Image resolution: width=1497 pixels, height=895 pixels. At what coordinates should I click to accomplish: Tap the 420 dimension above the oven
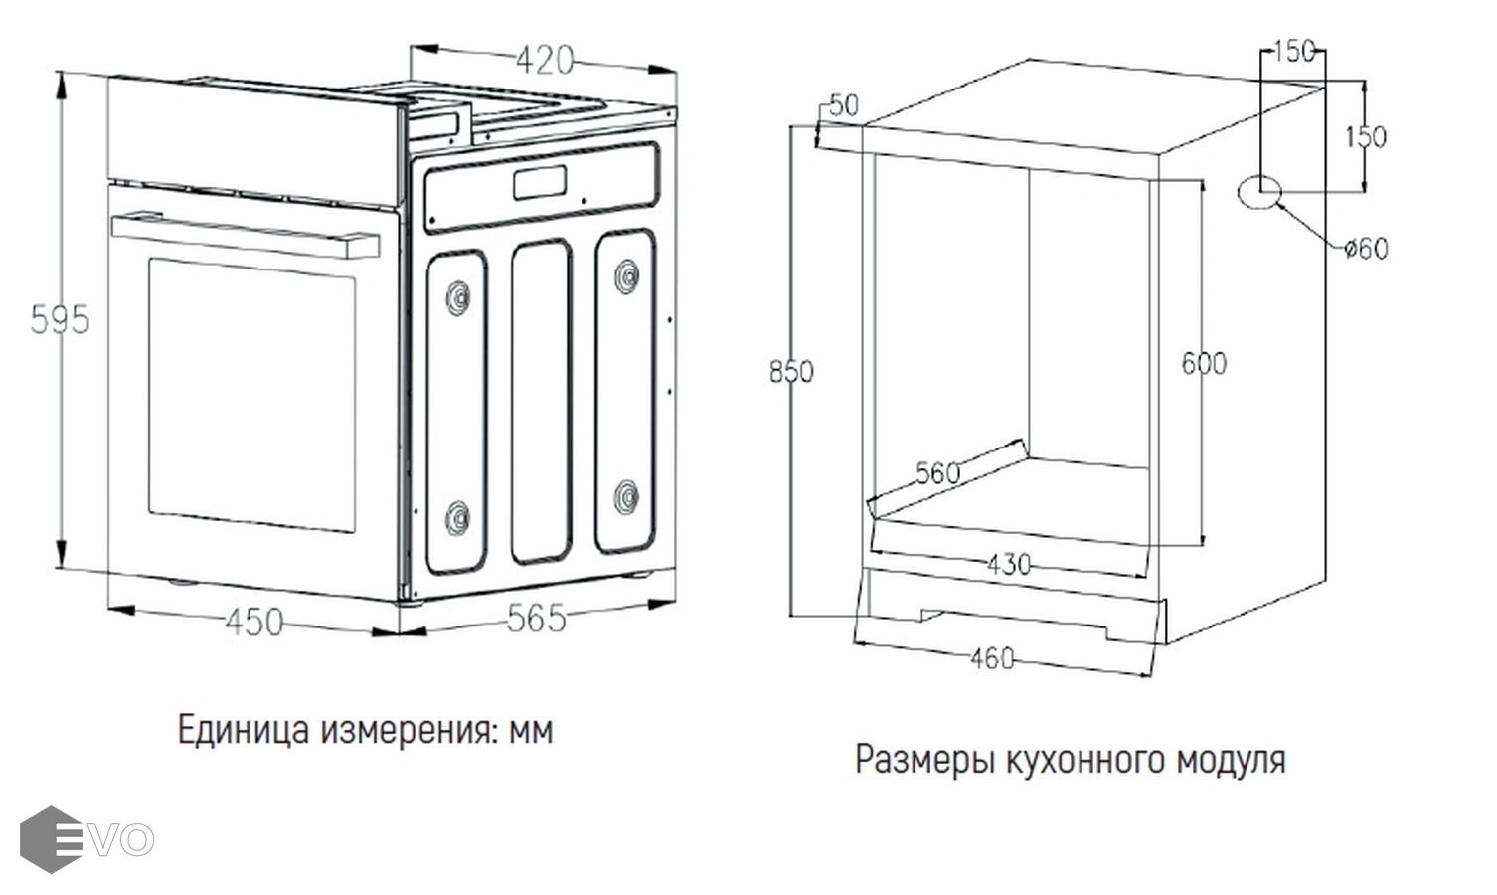pyautogui.click(x=545, y=60)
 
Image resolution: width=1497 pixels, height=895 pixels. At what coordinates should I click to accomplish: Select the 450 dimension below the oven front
pyautogui.click(x=253, y=623)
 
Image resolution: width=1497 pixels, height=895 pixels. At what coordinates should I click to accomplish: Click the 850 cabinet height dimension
pyautogui.click(x=792, y=372)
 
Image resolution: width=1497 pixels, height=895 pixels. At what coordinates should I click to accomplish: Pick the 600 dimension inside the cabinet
pyautogui.click(x=1205, y=364)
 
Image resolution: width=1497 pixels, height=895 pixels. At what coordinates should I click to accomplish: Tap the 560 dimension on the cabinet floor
pyautogui.click(x=938, y=473)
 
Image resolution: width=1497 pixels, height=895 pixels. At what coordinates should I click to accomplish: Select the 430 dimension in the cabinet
pyautogui.click(x=1009, y=565)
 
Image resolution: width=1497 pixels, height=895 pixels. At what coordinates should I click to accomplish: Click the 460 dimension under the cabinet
pyautogui.click(x=992, y=659)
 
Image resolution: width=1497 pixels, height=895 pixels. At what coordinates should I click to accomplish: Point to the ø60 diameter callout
pyautogui.click(x=1367, y=249)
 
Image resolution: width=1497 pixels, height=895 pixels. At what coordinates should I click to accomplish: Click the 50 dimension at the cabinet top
pyautogui.click(x=844, y=105)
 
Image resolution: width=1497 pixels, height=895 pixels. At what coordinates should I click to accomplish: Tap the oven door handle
pyautogui.click(x=246, y=236)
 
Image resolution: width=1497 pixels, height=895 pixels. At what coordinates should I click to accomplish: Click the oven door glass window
pyautogui.click(x=251, y=395)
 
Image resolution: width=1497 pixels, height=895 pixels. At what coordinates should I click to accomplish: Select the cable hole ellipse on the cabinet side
pyautogui.click(x=1259, y=193)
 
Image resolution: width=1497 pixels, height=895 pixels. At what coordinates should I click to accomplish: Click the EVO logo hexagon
pyautogui.click(x=51, y=839)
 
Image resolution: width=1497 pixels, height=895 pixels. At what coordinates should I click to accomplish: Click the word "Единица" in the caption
pyautogui.click(x=244, y=730)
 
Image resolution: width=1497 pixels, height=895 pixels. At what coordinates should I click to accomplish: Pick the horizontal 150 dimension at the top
pyautogui.click(x=1295, y=52)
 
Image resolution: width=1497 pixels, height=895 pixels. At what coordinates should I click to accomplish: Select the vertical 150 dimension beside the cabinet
pyautogui.click(x=1366, y=137)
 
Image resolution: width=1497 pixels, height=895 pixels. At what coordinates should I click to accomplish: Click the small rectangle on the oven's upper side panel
pyautogui.click(x=540, y=182)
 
